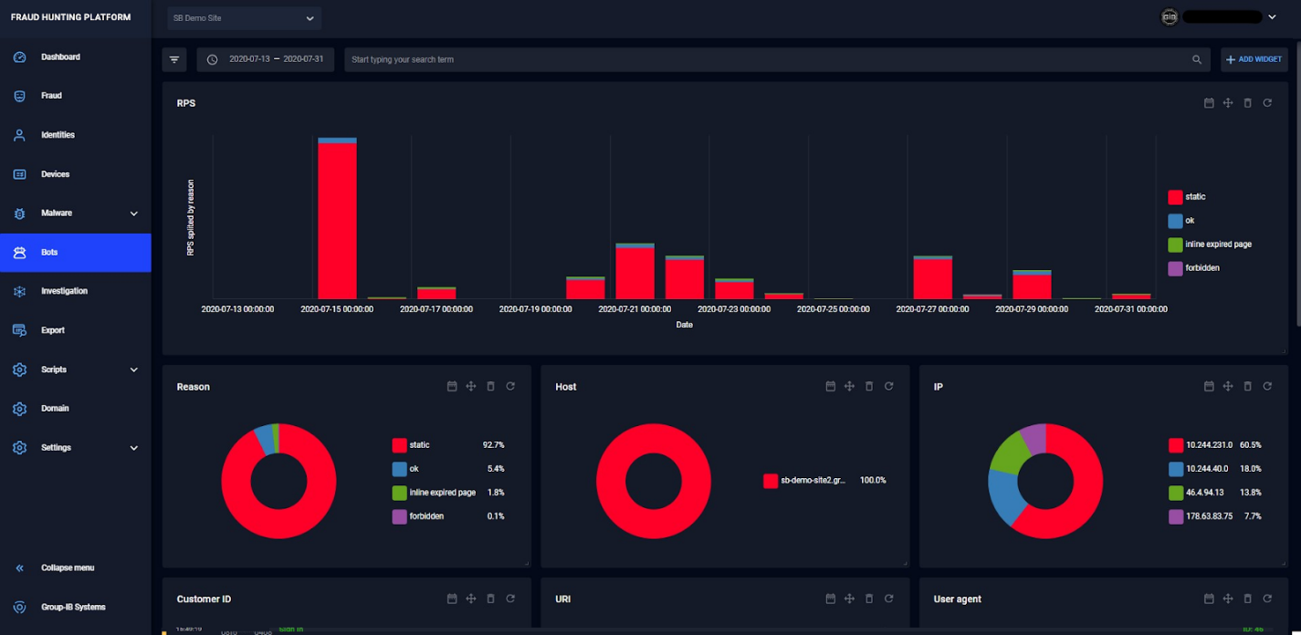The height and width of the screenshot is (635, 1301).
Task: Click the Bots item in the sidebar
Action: click(x=49, y=253)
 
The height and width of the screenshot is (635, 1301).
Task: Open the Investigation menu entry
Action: click(x=64, y=291)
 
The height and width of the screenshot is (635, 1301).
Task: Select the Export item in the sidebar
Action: click(x=53, y=330)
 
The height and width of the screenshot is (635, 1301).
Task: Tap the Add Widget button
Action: click(x=1254, y=59)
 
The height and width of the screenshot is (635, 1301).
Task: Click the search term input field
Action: click(x=767, y=59)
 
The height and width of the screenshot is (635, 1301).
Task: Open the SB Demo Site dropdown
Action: click(x=244, y=18)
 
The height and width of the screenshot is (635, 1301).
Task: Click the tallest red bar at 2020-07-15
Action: click(x=337, y=219)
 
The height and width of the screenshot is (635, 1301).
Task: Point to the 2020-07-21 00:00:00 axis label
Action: click(x=635, y=309)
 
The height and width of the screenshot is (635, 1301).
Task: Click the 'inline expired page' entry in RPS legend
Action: click(x=1218, y=245)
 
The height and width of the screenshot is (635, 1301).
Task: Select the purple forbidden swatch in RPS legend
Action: click(x=1175, y=268)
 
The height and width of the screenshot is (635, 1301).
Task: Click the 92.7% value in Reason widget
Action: click(x=493, y=445)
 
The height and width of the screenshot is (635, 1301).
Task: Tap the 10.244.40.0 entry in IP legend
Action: click(x=1207, y=469)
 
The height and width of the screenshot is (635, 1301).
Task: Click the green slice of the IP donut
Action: click(x=1008, y=451)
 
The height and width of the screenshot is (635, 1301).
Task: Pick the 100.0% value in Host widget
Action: click(x=873, y=481)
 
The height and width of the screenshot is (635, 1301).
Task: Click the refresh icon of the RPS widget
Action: click(x=1267, y=103)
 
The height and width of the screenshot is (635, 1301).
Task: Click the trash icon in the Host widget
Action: click(x=869, y=387)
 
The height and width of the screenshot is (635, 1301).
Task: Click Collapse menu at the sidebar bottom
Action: click(x=67, y=567)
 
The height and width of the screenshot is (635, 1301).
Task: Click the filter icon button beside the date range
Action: click(x=174, y=59)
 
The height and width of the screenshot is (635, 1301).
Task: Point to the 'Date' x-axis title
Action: click(x=684, y=325)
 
